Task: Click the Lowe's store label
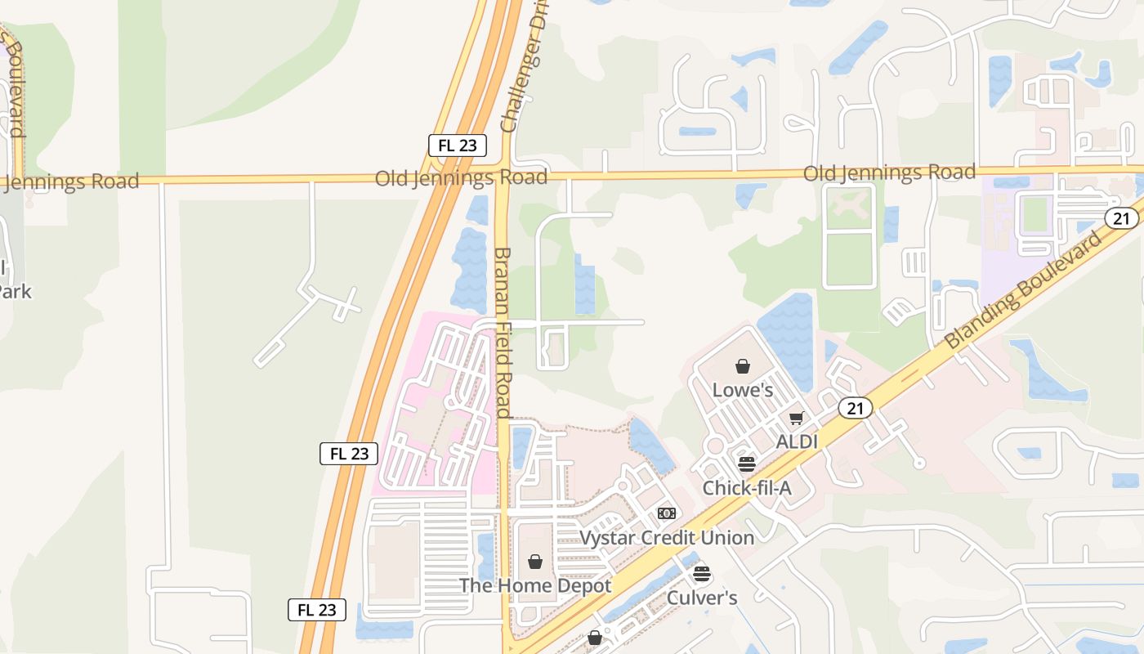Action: (x=743, y=390)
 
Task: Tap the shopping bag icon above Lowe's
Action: (x=743, y=366)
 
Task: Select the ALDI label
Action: (x=797, y=441)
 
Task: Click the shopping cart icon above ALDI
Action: (x=797, y=419)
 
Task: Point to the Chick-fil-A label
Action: (x=747, y=488)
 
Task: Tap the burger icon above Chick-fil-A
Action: (x=747, y=464)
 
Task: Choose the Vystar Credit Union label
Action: (x=667, y=537)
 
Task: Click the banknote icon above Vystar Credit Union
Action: (x=667, y=513)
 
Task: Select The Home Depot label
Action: (x=535, y=585)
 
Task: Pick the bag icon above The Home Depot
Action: (x=535, y=562)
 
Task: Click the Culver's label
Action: (x=702, y=598)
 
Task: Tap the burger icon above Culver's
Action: (x=702, y=574)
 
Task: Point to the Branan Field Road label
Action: (x=503, y=332)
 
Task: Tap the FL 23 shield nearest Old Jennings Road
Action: (x=458, y=146)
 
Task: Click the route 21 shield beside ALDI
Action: (x=855, y=408)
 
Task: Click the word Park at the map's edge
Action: (x=15, y=291)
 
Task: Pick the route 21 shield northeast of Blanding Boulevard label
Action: (x=1121, y=217)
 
